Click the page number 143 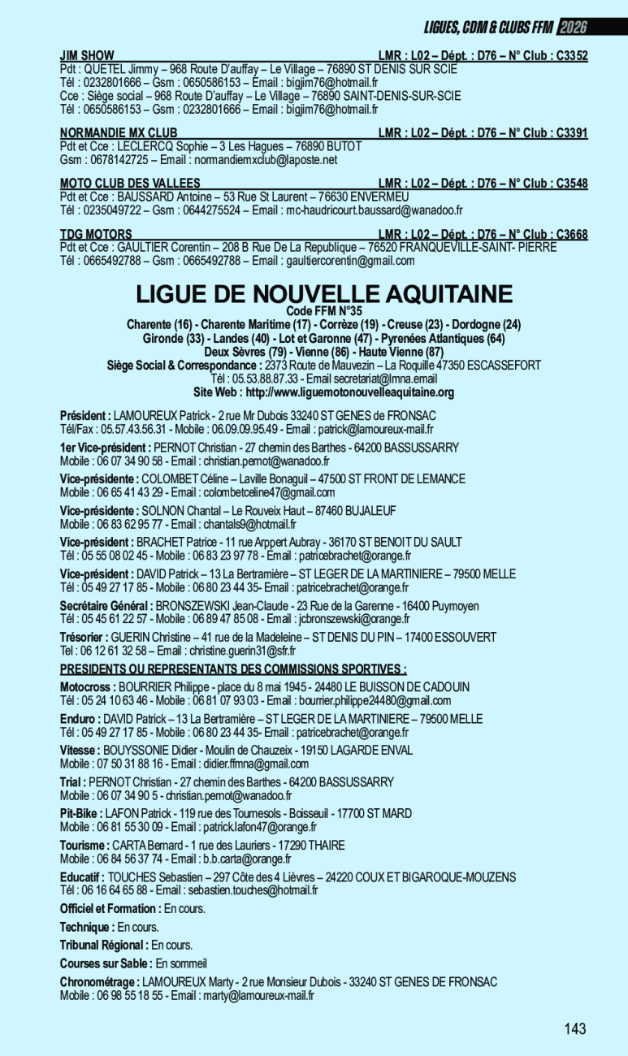(x=574, y=1029)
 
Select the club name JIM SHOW (x=87, y=56)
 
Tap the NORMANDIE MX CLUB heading (x=119, y=132)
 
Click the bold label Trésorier (x=84, y=638)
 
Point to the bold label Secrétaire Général (x=106, y=606)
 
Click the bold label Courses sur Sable (x=106, y=963)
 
